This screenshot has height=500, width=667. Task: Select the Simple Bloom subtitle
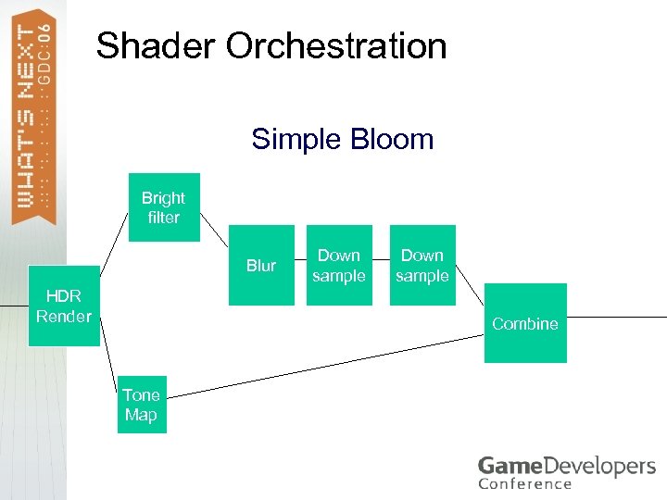click(x=342, y=140)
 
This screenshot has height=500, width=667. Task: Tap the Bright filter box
click(x=164, y=207)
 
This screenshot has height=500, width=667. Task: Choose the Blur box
click(x=261, y=265)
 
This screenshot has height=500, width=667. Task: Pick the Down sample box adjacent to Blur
click(x=339, y=265)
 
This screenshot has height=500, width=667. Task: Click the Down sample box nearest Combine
click(x=422, y=265)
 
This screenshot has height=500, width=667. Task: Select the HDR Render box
click(x=64, y=306)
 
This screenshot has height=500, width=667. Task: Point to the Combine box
click(x=525, y=323)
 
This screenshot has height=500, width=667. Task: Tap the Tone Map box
click(x=142, y=405)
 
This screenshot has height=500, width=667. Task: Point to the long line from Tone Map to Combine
click(x=324, y=368)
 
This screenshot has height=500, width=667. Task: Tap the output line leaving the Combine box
click(x=616, y=317)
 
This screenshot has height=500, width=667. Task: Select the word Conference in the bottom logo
click(x=524, y=483)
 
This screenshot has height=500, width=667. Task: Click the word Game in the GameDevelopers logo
click(x=506, y=466)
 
